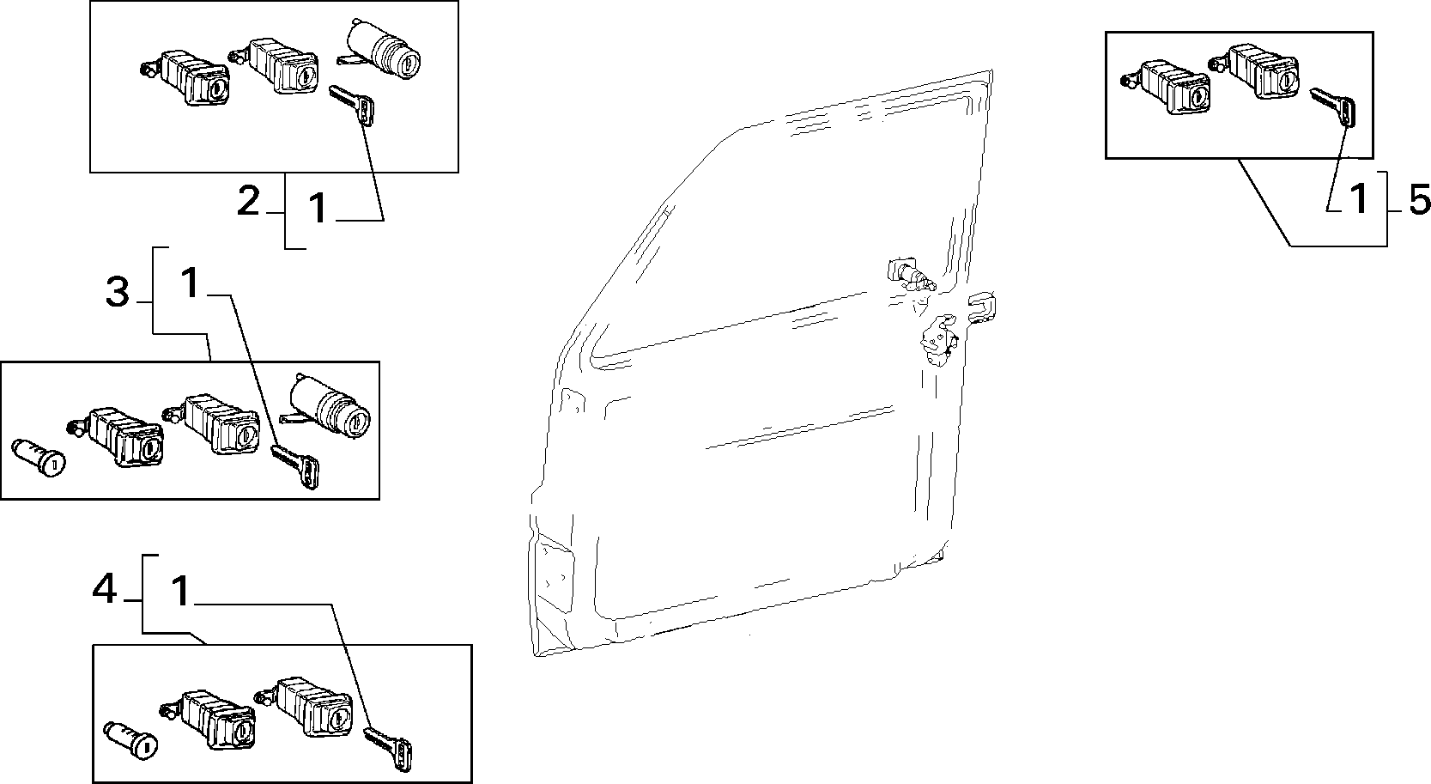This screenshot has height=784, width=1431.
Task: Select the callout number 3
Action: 118,293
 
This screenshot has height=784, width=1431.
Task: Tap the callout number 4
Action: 105,588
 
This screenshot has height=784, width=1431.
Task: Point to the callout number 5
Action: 1419,201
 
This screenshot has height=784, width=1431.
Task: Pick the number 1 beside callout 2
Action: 318,208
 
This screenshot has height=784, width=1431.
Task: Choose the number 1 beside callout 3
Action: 191,283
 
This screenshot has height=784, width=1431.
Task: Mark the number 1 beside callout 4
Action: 181,591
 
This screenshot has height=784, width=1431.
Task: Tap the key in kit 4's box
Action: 388,749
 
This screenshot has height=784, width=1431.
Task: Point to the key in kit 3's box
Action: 295,466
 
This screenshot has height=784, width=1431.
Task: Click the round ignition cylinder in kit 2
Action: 380,51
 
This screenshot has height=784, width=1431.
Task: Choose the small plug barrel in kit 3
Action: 39,458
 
